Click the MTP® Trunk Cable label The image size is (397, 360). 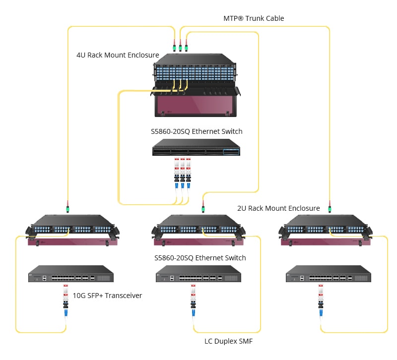pos(254,18)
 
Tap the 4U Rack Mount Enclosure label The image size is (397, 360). pos(118,55)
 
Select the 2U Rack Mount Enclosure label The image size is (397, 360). pos(278,208)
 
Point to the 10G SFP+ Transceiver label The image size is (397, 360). pos(107,296)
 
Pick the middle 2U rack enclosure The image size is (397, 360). pos(201,231)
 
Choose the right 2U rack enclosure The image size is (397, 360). pos(328,231)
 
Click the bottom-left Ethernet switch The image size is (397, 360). pos(71,274)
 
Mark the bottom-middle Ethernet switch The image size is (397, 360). pos(199,274)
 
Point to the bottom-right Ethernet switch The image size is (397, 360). pos(328,274)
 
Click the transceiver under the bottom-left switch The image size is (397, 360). pos(65,300)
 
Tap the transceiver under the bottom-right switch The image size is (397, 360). pos(321,300)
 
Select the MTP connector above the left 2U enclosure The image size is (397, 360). pos(67,206)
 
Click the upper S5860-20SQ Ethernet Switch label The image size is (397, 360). pos(197,131)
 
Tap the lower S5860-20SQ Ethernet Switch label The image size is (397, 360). pos(200,258)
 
